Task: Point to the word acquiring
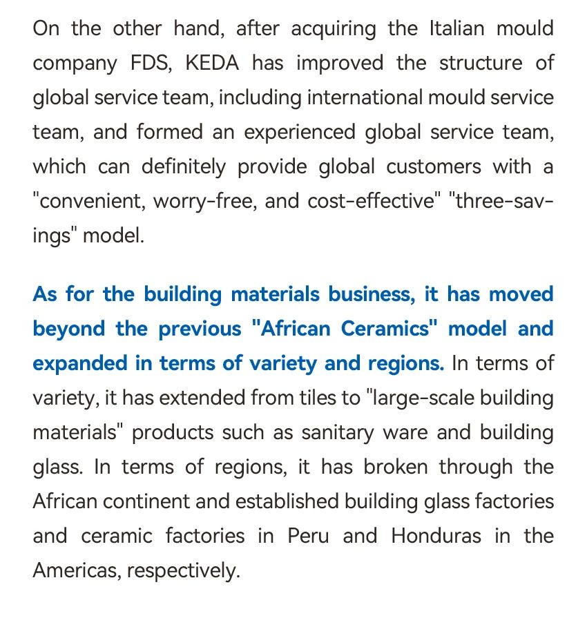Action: [x=334, y=29]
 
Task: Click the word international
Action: [x=365, y=97]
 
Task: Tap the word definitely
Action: [x=183, y=166]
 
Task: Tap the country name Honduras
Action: [x=436, y=536]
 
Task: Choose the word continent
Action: [x=148, y=501]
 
